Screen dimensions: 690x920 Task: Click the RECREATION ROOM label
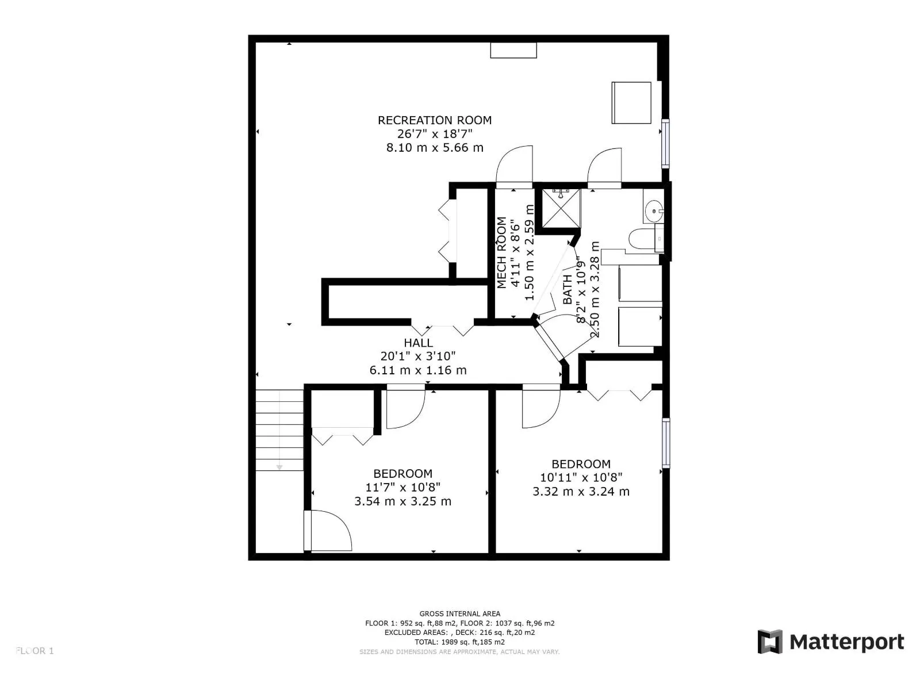[434, 120]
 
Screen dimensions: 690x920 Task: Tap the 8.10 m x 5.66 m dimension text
[434, 148]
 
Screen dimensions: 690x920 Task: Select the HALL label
[418, 343]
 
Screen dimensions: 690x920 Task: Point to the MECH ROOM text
[502, 253]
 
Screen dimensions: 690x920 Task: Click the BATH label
[568, 289]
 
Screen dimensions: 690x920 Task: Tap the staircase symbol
[279, 430]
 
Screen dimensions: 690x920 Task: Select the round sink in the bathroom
[654, 212]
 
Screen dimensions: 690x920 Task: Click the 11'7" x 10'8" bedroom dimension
[402, 488]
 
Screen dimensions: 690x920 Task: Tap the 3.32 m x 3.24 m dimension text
[581, 492]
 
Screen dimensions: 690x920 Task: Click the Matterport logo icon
[770, 642]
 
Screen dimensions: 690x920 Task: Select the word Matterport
[846, 642]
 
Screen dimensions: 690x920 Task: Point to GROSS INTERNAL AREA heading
[459, 614]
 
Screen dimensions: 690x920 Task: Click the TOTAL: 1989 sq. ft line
[459, 642]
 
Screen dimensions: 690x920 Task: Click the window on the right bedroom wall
[666, 443]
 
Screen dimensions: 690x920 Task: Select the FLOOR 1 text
[35, 651]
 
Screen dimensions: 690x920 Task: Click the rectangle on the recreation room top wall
[513, 51]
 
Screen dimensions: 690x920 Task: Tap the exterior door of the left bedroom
[328, 531]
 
